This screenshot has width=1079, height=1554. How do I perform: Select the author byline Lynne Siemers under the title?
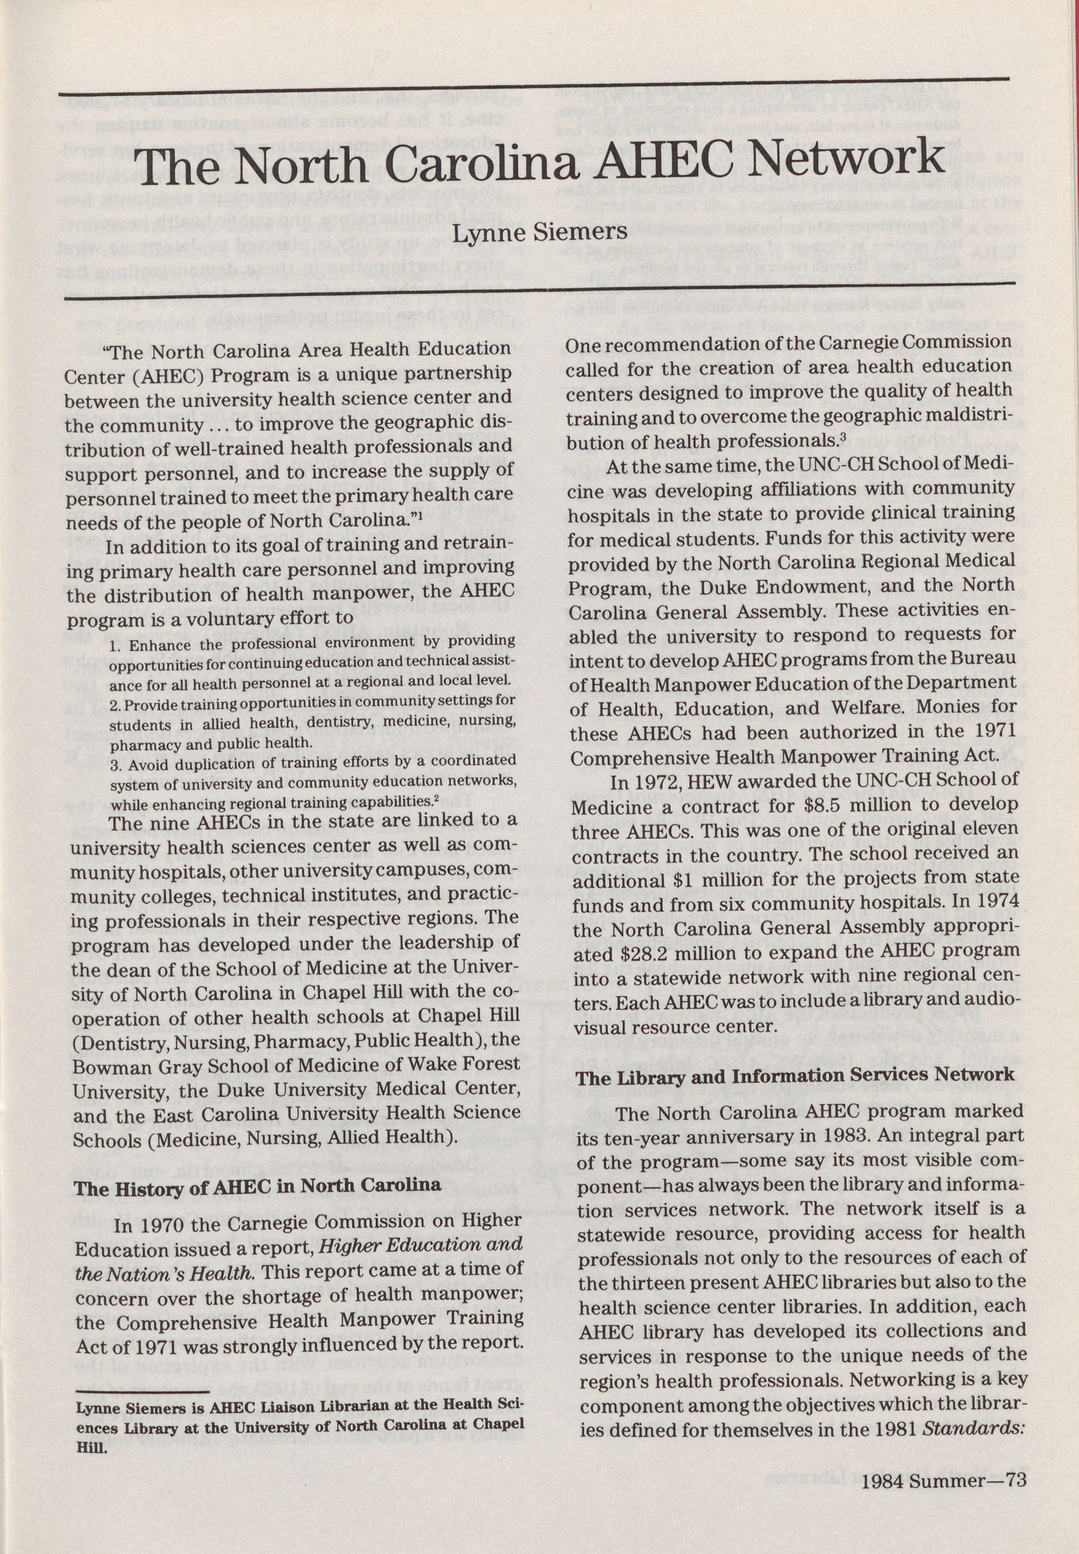539,232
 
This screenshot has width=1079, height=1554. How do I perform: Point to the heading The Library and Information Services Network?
795,1075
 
